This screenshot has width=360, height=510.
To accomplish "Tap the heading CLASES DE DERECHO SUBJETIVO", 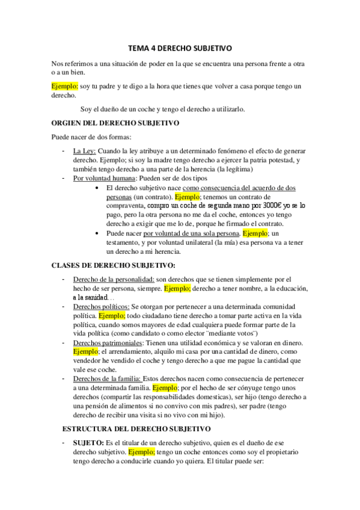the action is (x=114, y=265).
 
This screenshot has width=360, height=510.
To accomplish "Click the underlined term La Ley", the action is (x=84, y=150).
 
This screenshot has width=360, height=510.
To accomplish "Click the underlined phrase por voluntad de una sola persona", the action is (x=191, y=233).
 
